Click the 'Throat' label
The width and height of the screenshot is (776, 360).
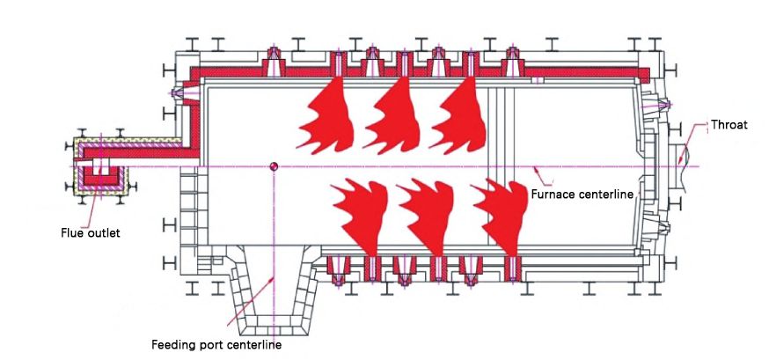coord(728,125)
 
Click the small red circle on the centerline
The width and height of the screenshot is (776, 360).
coord(274,166)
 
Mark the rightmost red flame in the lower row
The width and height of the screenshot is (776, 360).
coord(501,216)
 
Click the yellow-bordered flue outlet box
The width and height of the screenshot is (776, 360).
coord(98,167)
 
